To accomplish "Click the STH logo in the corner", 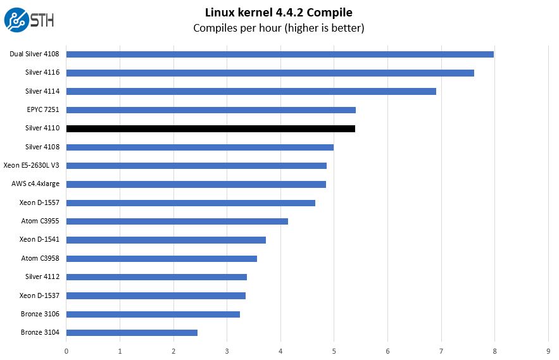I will pos(28,20).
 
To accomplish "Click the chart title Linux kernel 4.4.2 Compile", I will pos(279,12).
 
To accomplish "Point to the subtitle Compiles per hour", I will pos(279,28).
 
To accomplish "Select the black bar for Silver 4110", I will pos(210,128).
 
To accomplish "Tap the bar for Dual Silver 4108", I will pos(280,54).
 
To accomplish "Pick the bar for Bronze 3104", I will pos(132,333).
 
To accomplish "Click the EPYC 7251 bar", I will pos(211,110).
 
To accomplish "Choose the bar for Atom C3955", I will pos(177,221).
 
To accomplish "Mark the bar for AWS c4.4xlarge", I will pos(196,184).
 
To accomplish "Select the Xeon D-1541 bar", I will pos(166,240).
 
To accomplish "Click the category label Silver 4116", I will pos(42,73).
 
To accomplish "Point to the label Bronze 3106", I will pos(41,314).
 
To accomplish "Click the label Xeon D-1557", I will pos(39,202).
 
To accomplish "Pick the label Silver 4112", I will pos(42,277).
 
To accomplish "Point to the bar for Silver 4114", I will pos(251,91).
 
